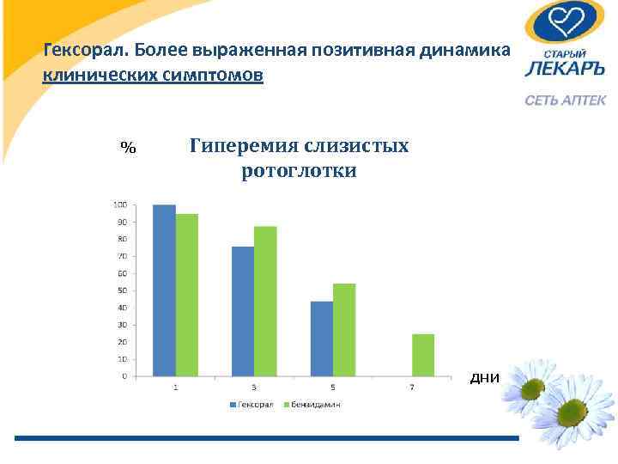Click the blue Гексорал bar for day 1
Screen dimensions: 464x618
(x=164, y=290)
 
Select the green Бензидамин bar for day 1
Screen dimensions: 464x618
(x=186, y=295)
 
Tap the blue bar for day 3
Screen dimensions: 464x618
(x=243, y=311)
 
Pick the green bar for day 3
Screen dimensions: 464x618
(x=265, y=301)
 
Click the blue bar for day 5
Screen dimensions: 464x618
(x=322, y=339)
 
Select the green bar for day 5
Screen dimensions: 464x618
(x=344, y=329)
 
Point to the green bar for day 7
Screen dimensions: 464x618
(x=423, y=355)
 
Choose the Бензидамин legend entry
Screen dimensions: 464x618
(x=315, y=404)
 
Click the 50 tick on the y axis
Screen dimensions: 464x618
(x=122, y=290)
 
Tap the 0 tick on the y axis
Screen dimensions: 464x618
(x=124, y=375)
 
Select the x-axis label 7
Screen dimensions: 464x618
(x=412, y=388)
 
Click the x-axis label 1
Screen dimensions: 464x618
(x=175, y=388)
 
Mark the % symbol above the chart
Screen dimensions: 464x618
(x=128, y=147)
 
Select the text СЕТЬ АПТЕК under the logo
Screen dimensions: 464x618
(x=566, y=101)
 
